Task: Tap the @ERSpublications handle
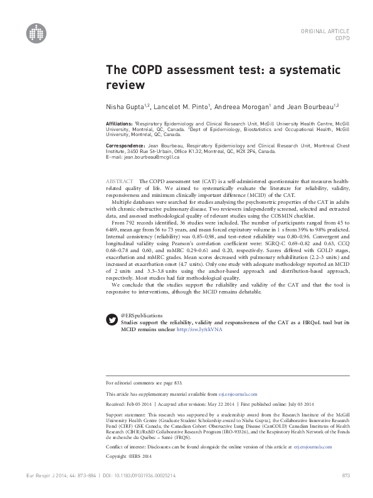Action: click(x=142, y=315)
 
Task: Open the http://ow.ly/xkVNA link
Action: click(x=200, y=329)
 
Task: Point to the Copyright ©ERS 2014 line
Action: click(x=128, y=455)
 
